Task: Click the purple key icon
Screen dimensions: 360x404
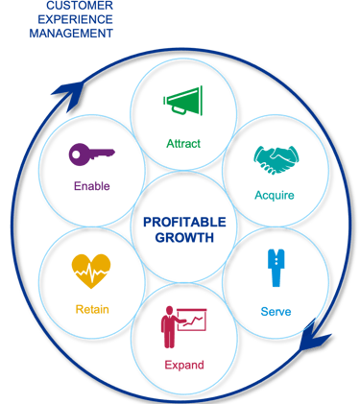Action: (x=92, y=153)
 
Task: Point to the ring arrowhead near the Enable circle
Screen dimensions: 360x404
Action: (x=67, y=93)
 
